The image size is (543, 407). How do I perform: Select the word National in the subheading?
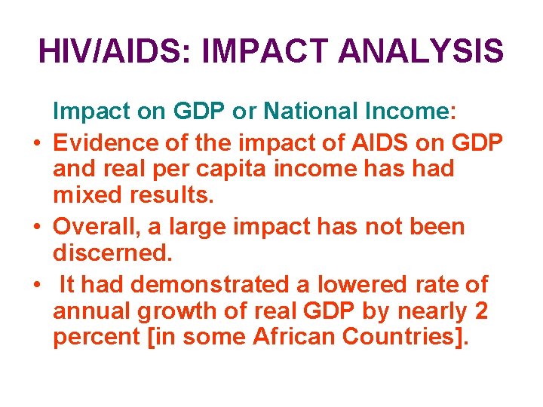coord(313,112)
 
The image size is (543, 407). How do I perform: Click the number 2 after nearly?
coord(480,311)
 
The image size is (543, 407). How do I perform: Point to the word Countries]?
coord(406,337)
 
